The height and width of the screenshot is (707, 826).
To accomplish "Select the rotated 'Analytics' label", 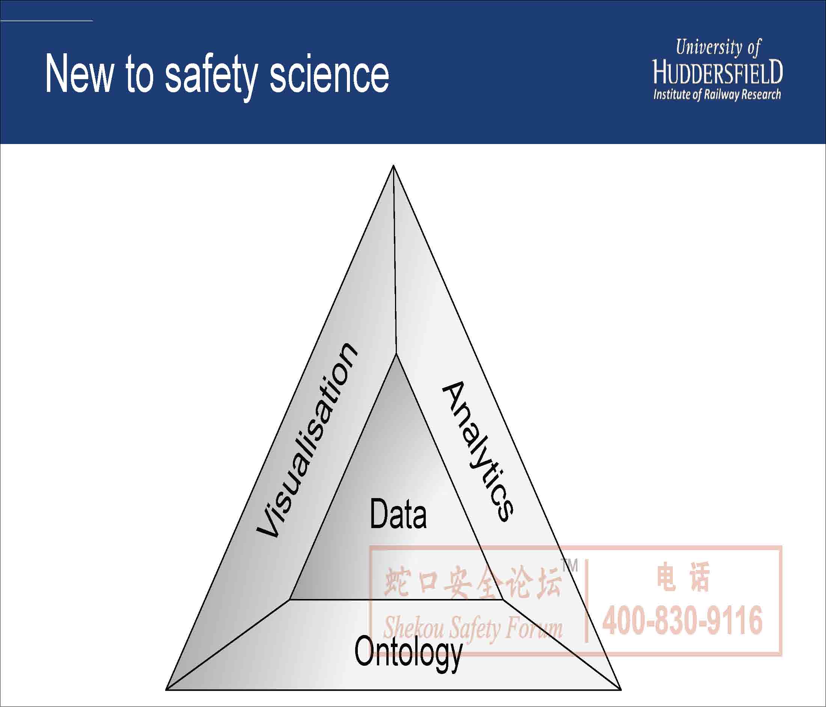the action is click(478, 451).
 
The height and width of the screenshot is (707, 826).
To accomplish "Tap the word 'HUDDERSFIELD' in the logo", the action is click(718, 72).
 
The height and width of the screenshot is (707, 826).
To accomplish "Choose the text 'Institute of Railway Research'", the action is click(717, 95).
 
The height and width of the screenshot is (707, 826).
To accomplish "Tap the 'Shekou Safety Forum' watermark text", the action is click(473, 628).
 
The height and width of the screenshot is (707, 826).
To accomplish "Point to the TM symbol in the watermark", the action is click(569, 566).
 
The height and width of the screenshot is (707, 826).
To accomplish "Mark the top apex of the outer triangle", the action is click(393, 165).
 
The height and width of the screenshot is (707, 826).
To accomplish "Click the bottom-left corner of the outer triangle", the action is click(166, 689).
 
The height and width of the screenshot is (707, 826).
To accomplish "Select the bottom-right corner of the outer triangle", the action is click(621, 689).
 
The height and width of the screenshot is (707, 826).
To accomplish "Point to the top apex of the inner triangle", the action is click(396, 354).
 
